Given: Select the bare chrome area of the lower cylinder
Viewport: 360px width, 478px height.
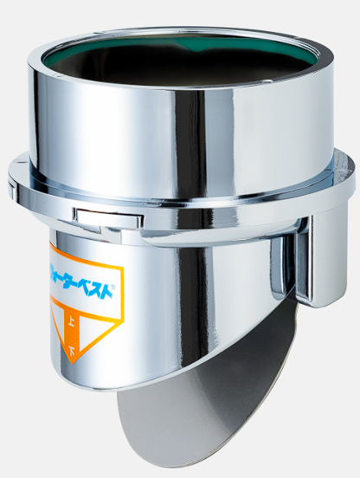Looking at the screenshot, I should point(199,303).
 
